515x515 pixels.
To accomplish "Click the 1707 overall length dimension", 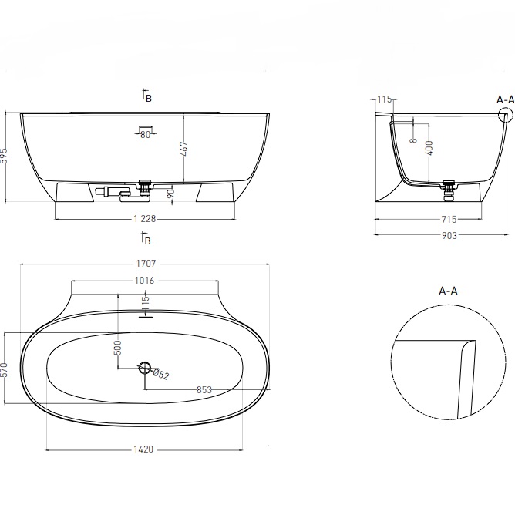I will pyautogui.click(x=145, y=263).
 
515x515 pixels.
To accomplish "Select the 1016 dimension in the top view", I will pyautogui.click(x=145, y=280).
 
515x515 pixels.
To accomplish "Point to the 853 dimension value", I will pyautogui.click(x=204, y=390).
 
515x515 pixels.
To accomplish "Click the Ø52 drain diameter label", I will pyautogui.click(x=160, y=374).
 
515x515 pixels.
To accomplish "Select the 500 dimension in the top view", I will pyautogui.click(x=118, y=347).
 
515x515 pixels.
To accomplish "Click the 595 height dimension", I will pyautogui.click(x=5, y=157).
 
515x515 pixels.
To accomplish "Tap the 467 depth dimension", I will pyautogui.click(x=183, y=148).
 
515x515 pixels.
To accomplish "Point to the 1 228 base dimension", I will pyautogui.click(x=145, y=219).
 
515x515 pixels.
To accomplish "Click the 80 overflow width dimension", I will pyautogui.click(x=145, y=134).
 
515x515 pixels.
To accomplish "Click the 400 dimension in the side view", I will pyautogui.click(x=429, y=148).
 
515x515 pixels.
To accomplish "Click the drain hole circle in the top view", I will pyautogui.click(x=144, y=369).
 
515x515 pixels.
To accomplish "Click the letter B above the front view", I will pyautogui.click(x=149, y=98).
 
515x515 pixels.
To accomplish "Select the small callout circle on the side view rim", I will pyautogui.click(x=506, y=115).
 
